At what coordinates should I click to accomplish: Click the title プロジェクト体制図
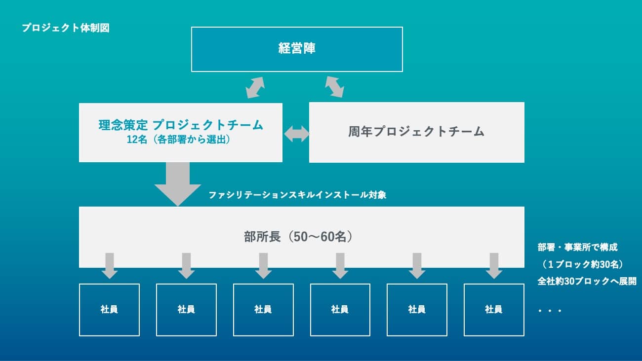click(x=66, y=28)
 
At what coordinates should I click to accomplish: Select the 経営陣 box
click(x=297, y=49)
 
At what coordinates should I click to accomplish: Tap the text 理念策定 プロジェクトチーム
click(x=181, y=125)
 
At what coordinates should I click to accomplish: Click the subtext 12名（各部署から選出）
click(x=178, y=140)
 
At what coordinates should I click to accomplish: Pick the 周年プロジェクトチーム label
click(x=416, y=132)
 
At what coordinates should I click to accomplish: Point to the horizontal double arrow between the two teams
click(x=297, y=134)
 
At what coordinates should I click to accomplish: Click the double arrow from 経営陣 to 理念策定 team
click(x=255, y=87)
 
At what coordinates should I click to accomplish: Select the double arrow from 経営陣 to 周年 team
click(x=334, y=87)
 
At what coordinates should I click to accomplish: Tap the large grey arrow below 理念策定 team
click(x=178, y=184)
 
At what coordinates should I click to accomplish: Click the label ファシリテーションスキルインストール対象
click(x=297, y=195)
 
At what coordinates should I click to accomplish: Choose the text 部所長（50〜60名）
click(x=298, y=237)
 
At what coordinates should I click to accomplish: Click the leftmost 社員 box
click(x=110, y=310)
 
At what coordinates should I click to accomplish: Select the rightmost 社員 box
click(x=494, y=310)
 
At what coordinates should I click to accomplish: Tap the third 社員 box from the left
click(x=263, y=310)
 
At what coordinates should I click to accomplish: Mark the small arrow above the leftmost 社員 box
click(x=110, y=266)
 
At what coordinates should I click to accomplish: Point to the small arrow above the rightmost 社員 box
click(x=494, y=266)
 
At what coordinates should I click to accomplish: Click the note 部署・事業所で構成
click(x=577, y=248)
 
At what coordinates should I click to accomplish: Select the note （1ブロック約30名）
click(x=582, y=264)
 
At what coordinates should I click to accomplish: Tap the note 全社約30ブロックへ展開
click(x=587, y=281)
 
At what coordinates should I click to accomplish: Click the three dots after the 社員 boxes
click(x=550, y=311)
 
